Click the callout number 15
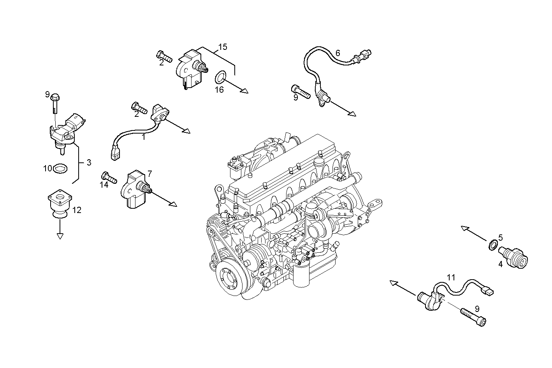tap(222, 47)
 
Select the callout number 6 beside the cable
tap(338, 53)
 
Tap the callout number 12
tap(77, 210)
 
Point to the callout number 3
tap(89, 162)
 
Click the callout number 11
tap(451, 278)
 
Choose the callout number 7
tap(149, 173)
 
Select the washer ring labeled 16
tap(221, 77)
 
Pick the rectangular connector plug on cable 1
tap(114, 154)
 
